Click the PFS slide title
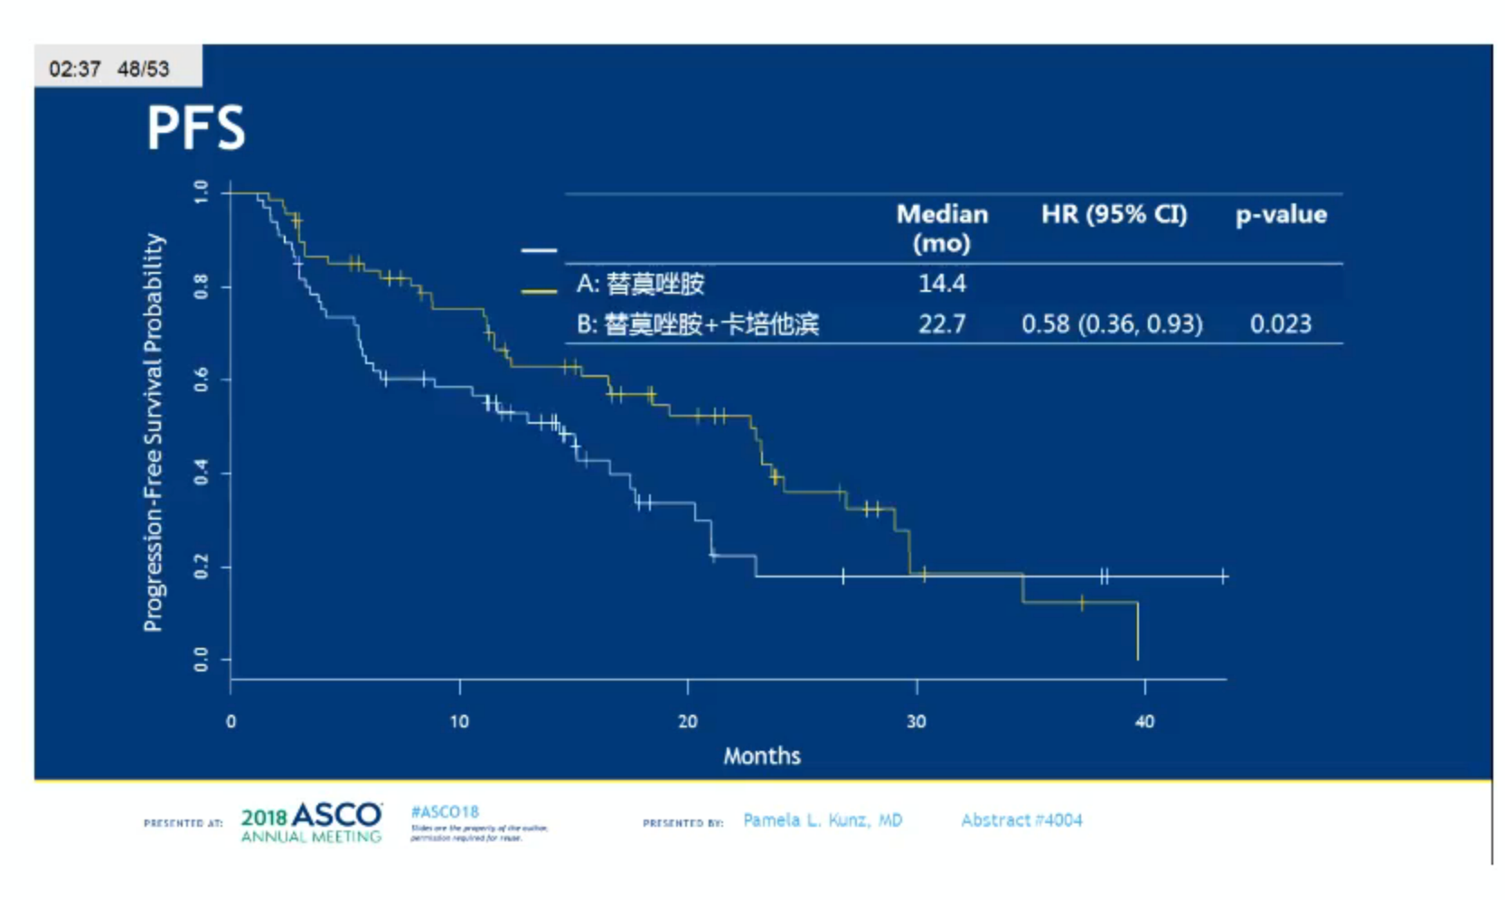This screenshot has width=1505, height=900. coord(195,127)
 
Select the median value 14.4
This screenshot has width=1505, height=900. coord(942,284)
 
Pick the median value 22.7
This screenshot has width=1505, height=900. coord(942,323)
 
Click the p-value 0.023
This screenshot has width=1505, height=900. coord(1280,323)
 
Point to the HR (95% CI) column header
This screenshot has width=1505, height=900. coord(1114,215)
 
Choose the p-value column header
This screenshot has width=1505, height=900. coord(1281,215)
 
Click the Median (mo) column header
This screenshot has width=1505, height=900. coord(942,228)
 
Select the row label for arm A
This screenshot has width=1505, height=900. coord(640,284)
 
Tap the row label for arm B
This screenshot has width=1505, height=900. coord(697,323)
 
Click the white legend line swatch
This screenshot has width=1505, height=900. coord(539,250)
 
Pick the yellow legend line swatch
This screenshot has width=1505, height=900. coord(539,291)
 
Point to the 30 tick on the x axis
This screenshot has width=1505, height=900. coord(917,721)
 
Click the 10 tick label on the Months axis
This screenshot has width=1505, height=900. coord(459,721)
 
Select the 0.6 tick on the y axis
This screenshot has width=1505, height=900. coord(201,380)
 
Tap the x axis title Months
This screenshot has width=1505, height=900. coord(761,755)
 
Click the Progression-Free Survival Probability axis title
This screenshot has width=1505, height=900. coord(154,432)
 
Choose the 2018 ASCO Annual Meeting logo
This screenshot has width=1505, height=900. coord(311,822)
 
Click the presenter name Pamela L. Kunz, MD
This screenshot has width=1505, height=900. coord(822,820)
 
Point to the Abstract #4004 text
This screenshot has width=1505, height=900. coord(1021,820)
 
